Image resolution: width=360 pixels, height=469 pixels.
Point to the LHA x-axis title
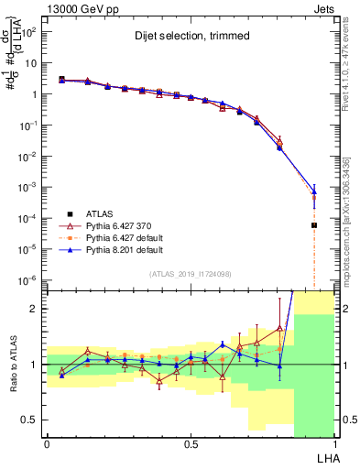coord(326,456)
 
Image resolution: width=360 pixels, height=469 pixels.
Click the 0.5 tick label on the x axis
coord(190,443)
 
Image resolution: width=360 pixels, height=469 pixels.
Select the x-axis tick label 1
coord(334,443)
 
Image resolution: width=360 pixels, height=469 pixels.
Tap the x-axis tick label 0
coord(47,443)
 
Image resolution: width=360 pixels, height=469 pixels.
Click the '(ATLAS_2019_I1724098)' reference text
coord(190,274)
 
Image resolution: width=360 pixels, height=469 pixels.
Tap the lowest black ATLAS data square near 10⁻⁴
coord(314,224)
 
